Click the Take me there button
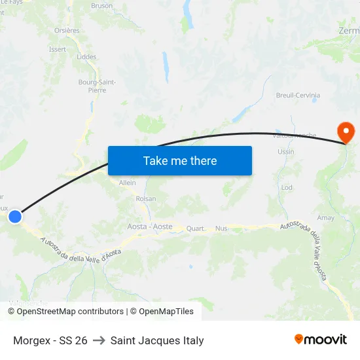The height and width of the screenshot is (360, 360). (x=180, y=160)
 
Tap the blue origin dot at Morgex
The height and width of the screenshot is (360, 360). (x=15, y=216)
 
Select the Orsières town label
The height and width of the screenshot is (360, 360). (x=67, y=30)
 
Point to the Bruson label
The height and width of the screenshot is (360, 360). (x=101, y=6)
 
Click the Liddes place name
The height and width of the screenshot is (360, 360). (x=86, y=57)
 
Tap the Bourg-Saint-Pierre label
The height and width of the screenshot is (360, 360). (x=97, y=86)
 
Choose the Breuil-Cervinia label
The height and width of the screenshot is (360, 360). (x=298, y=96)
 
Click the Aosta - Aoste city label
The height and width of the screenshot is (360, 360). (x=150, y=226)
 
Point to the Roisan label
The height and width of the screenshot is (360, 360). (x=146, y=198)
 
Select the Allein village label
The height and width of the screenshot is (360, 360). (x=128, y=183)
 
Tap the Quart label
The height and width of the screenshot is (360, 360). (x=195, y=228)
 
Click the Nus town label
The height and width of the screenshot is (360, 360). (x=221, y=228)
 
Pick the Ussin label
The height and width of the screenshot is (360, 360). (x=286, y=152)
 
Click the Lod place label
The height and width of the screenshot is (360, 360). (x=287, y=187)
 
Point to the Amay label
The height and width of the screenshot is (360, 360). (x=325, y=218)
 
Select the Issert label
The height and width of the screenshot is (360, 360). (x=58, y=49)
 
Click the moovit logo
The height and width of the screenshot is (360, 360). (x=320, y=340)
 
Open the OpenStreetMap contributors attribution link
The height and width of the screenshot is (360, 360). (x=70, y=312)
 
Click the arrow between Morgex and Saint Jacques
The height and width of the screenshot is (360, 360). (x=99, y=340)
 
